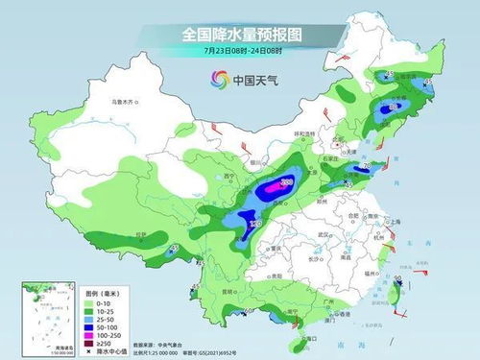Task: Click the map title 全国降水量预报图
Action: [x=240, y=34]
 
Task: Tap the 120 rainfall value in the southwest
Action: [x=254, y=224]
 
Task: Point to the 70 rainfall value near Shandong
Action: [x=365, y=166]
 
